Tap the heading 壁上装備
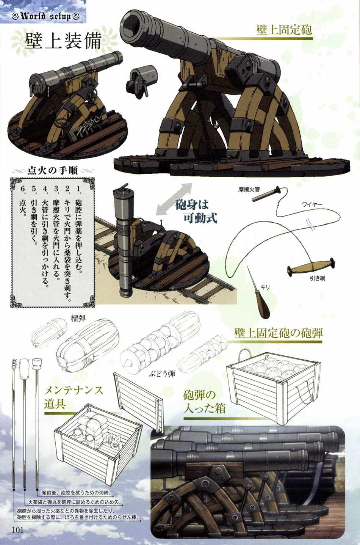63,41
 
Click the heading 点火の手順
53,171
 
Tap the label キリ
265,287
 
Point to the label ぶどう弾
162,374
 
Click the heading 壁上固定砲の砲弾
278,333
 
